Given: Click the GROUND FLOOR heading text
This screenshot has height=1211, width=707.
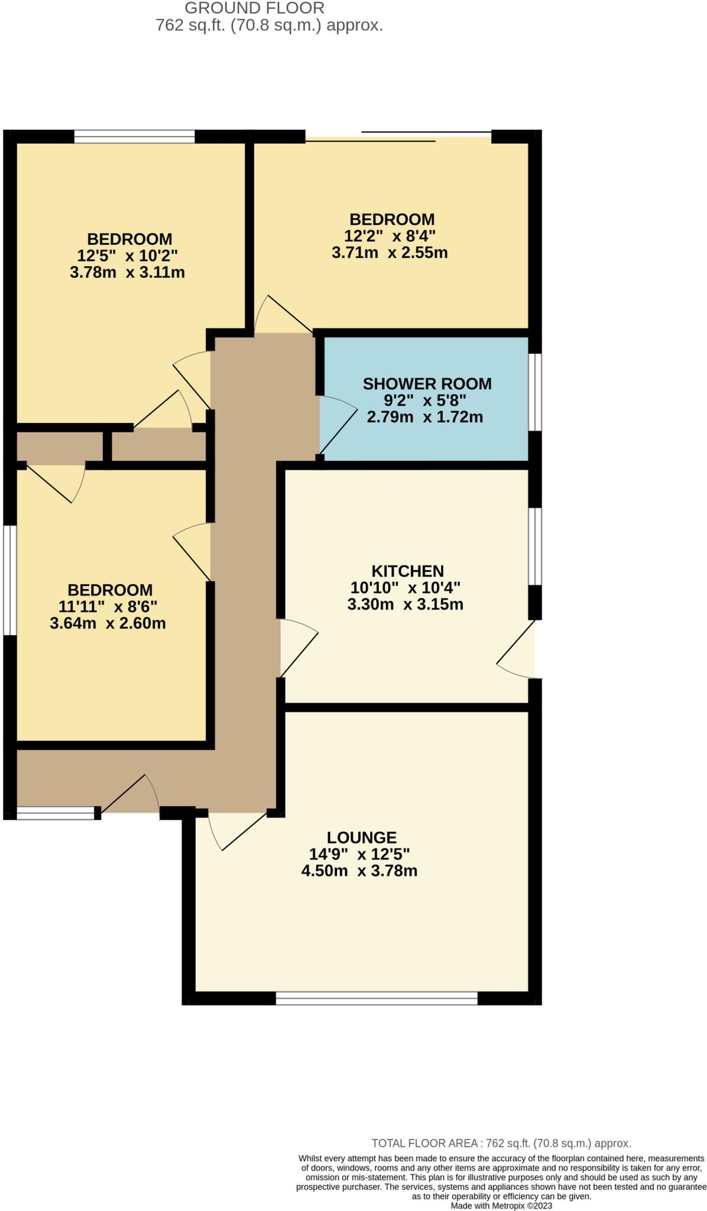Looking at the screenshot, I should pos(254,8).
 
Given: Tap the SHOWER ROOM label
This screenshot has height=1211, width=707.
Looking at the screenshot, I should pos(427,384).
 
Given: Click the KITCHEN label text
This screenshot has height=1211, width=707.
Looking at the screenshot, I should pos(407,571).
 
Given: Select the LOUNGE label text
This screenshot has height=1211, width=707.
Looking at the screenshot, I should pos(361,837).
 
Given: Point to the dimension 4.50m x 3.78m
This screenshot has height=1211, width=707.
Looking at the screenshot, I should pos(359,870).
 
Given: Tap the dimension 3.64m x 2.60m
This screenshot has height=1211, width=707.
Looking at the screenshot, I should pos(108,623).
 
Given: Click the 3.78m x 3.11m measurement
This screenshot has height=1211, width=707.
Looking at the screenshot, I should pos(127,273).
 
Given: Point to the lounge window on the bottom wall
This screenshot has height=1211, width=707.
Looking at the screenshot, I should pos(376,998).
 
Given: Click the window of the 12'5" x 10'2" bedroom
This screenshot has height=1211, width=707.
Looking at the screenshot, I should pos(134,137).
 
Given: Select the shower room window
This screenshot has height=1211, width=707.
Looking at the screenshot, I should pos(534,392).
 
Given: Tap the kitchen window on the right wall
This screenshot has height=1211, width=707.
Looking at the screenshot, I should pos(534,546).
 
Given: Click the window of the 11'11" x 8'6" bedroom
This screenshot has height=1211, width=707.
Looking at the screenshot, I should pos(9,580).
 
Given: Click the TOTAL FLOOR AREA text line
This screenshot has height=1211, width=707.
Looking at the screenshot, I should pos(501,1144).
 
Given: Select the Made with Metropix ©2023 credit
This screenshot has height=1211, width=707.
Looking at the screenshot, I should pos(501,1205).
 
